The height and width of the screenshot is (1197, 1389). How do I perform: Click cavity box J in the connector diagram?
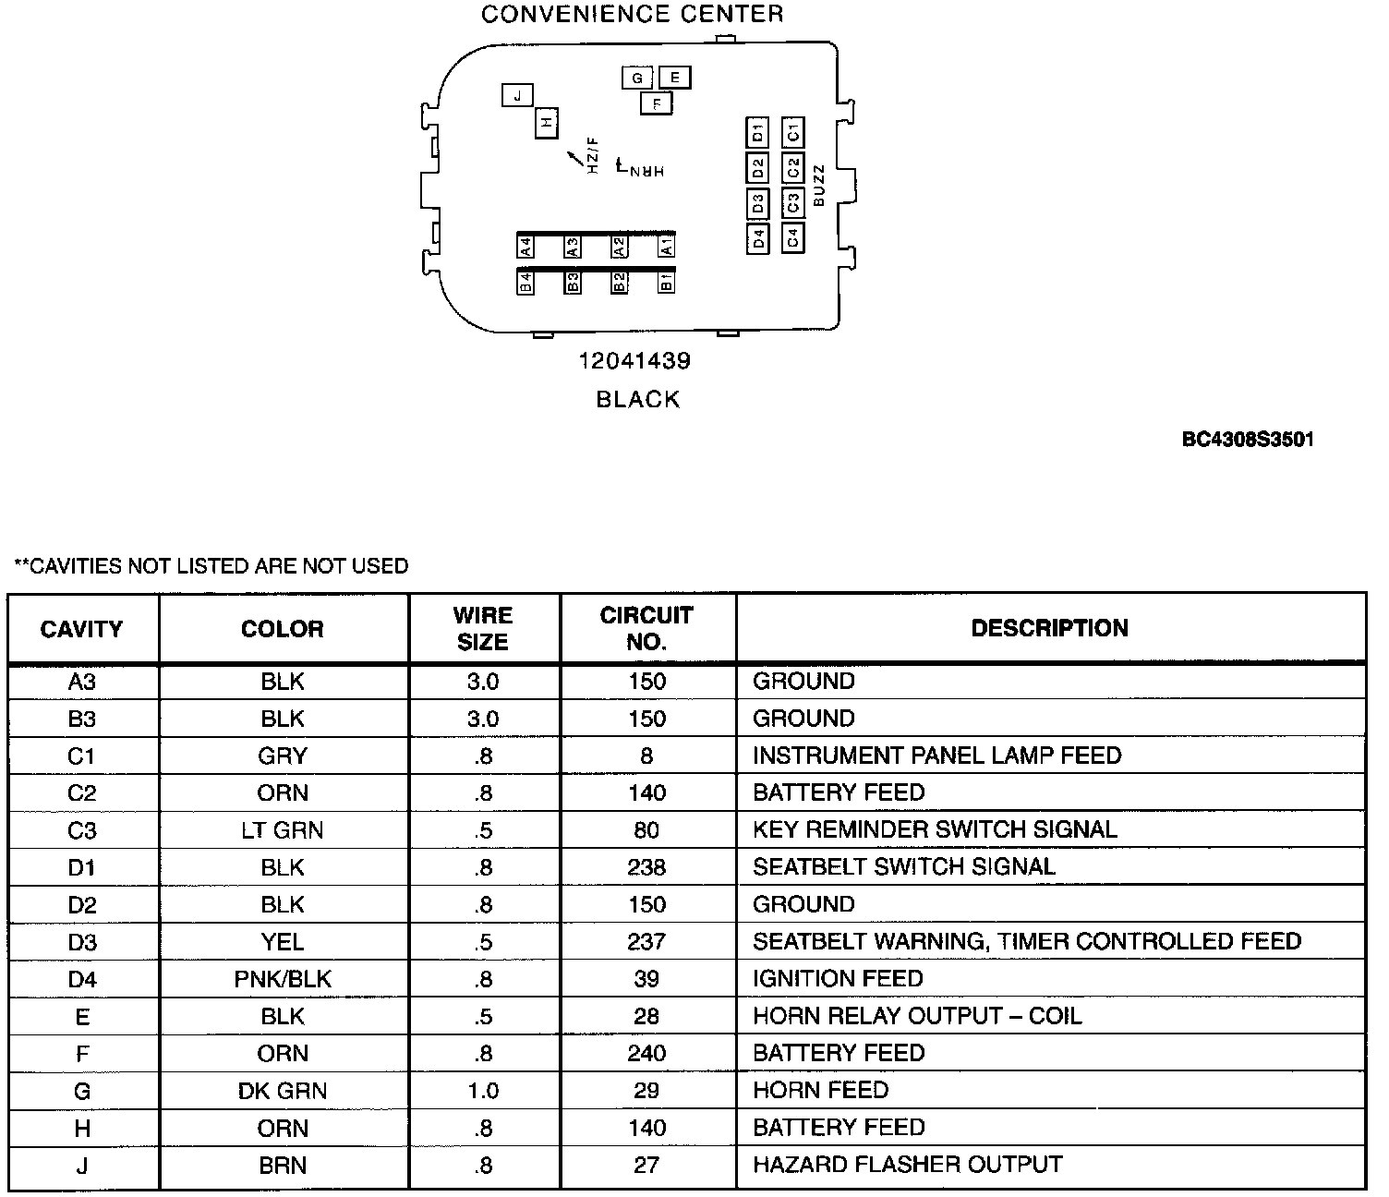click(518, 95)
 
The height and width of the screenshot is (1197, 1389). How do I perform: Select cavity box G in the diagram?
click(637, 78)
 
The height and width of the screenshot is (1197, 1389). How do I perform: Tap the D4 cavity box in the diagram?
click(757, 238)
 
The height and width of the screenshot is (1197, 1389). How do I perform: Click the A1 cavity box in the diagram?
click(666, 247)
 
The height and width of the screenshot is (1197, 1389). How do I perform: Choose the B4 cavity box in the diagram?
click(525, 283)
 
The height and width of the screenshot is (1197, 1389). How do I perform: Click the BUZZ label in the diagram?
click(818, 186)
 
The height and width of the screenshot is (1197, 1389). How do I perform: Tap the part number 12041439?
click(634, 361)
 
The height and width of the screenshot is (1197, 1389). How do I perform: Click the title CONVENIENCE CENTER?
click(633, 14)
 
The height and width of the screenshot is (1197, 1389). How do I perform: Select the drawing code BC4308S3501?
click(1248, 440)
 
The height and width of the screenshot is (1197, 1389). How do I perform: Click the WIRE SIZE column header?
click(483, 628)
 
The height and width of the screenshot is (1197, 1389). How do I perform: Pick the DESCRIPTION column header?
click(1049, 628)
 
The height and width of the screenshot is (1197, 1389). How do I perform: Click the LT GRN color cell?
click(283, 830)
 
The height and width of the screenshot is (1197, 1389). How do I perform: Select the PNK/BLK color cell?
click(283, 979)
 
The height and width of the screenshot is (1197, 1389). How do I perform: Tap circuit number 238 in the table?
click(646, 867)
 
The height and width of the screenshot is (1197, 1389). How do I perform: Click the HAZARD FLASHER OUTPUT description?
click(908, 1165)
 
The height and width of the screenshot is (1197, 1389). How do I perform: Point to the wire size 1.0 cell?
click(483, 1091)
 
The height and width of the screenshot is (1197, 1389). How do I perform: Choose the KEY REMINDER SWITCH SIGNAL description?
click(935, 829)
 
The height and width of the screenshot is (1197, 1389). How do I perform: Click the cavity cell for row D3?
click(82, 942)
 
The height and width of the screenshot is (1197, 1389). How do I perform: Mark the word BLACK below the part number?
click(638, 400)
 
